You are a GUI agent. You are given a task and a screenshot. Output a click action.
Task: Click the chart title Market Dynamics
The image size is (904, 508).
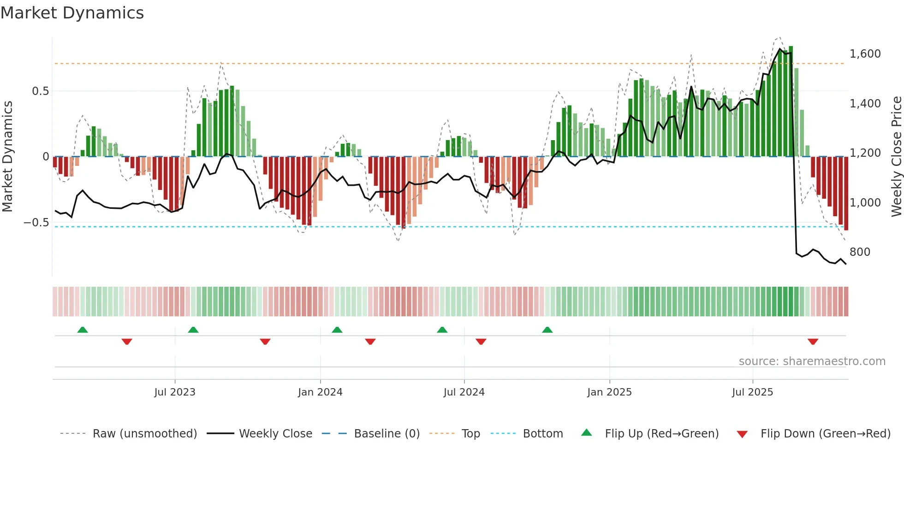click(x=72, y=13)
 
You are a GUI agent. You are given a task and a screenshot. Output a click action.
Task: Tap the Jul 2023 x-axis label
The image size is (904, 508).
click(x=175, y=392)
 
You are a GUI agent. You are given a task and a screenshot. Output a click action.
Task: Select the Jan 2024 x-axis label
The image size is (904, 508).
click(x=320, y=392)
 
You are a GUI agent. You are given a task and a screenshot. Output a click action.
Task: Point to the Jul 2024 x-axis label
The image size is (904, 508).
click(x=464, y=392)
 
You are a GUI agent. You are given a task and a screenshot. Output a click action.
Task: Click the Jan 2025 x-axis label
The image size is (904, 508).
click(x=609, y=392)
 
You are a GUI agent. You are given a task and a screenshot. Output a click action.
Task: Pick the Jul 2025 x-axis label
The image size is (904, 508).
click(x=752, y=392)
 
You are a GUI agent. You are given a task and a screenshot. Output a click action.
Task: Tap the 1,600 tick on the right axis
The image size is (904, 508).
click(x=865, y=54)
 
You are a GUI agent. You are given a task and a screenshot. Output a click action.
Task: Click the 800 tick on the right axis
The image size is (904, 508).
click(x=860, y=252)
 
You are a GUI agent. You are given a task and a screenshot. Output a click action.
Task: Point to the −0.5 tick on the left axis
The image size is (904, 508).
click(x=36, y=223)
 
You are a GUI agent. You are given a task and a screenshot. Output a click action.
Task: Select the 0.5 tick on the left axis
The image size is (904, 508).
click(x=40, y=91)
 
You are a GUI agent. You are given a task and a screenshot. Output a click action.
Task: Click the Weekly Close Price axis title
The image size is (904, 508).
click(x=896, y=157)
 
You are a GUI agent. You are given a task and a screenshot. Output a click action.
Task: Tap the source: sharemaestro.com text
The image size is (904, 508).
click(x=812, y=361)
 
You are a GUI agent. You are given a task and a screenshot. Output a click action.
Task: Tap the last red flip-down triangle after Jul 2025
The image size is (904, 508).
click(x=813, y=342)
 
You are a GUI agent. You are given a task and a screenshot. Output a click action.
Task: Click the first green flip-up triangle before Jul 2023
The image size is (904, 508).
click(x=83, y=330)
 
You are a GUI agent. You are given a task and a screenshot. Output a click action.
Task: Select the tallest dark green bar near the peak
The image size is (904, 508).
click(x=791, y=101)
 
